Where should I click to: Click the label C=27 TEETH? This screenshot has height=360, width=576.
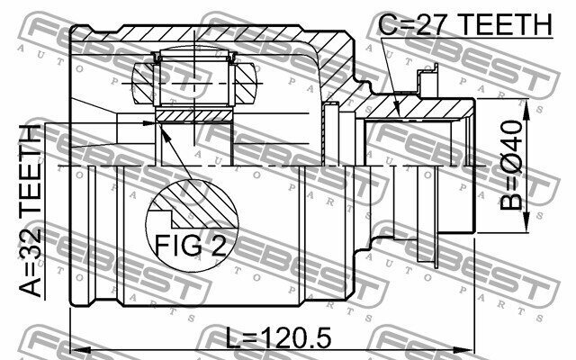(465, 24)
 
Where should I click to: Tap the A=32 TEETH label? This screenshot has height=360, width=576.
(31, 211)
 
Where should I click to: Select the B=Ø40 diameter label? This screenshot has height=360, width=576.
(511, 166)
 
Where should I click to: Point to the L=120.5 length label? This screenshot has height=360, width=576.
(278, 338)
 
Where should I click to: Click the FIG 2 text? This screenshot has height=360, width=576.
(191, 246)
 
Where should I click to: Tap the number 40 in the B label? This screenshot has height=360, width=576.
(511, 139)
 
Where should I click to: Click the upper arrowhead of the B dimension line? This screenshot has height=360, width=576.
(526, 109)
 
